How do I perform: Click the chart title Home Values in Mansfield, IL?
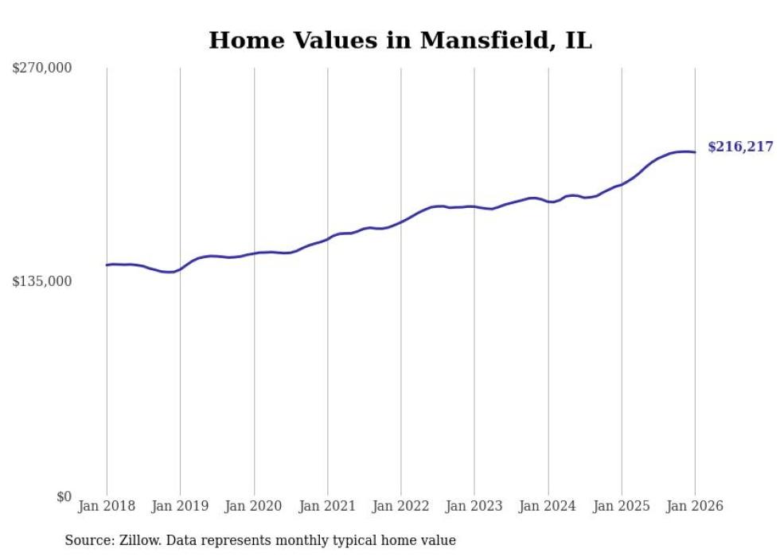(x=400, y=41)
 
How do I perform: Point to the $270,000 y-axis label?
(x=42, y=69)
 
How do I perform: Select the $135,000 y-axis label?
(x=42, y=281)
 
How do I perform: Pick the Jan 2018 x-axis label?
(x=107, y=507)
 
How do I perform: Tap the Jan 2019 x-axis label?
(x=180, y=507)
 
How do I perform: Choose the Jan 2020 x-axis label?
(x=254, y=507)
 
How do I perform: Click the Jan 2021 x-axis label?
(x=327, y=507)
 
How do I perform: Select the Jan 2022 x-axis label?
(x=401, y=507)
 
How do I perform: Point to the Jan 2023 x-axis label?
(x=474, y=507)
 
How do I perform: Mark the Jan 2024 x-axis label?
(x=548, y=507)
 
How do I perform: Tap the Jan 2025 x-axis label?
(x=622, y=507)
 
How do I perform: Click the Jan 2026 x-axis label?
(x=695, y=507)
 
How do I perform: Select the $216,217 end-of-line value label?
(x=740, y=147)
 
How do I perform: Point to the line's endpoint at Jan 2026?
(x=695, y=152)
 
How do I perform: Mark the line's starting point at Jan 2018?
(x=107, y=265)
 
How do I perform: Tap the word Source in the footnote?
(x=88, y=541)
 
